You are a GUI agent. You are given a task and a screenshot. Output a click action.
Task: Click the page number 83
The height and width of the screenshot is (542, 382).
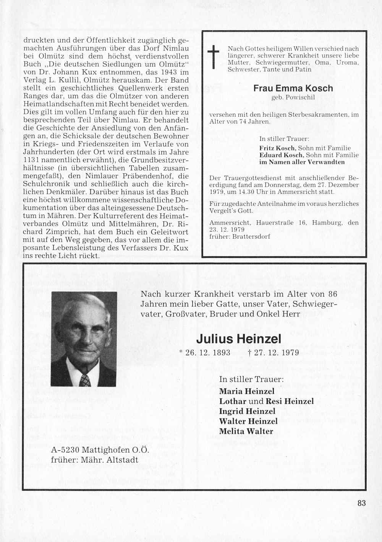[x=361, y=503]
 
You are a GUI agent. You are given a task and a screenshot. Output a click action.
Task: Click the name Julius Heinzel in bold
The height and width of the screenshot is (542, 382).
[x=238, y=339]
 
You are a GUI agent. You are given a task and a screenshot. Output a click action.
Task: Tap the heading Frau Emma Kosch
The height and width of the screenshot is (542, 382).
[x=293, y=88]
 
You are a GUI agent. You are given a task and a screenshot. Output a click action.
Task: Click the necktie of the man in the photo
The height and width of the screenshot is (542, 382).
[x=86, y=380]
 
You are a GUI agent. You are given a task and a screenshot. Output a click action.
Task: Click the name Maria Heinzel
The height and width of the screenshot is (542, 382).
[x=247, y=391]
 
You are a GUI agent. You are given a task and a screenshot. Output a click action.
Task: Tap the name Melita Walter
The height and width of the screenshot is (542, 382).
[x=246, y=431]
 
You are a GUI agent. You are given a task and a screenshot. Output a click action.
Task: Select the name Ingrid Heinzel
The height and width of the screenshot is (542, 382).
[x=247, y=411]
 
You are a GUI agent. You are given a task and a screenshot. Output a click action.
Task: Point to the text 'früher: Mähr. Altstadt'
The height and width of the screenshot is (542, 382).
[x=94, y=460]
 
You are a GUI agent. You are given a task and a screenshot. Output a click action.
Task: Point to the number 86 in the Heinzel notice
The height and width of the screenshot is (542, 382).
[x=332, y=294]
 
